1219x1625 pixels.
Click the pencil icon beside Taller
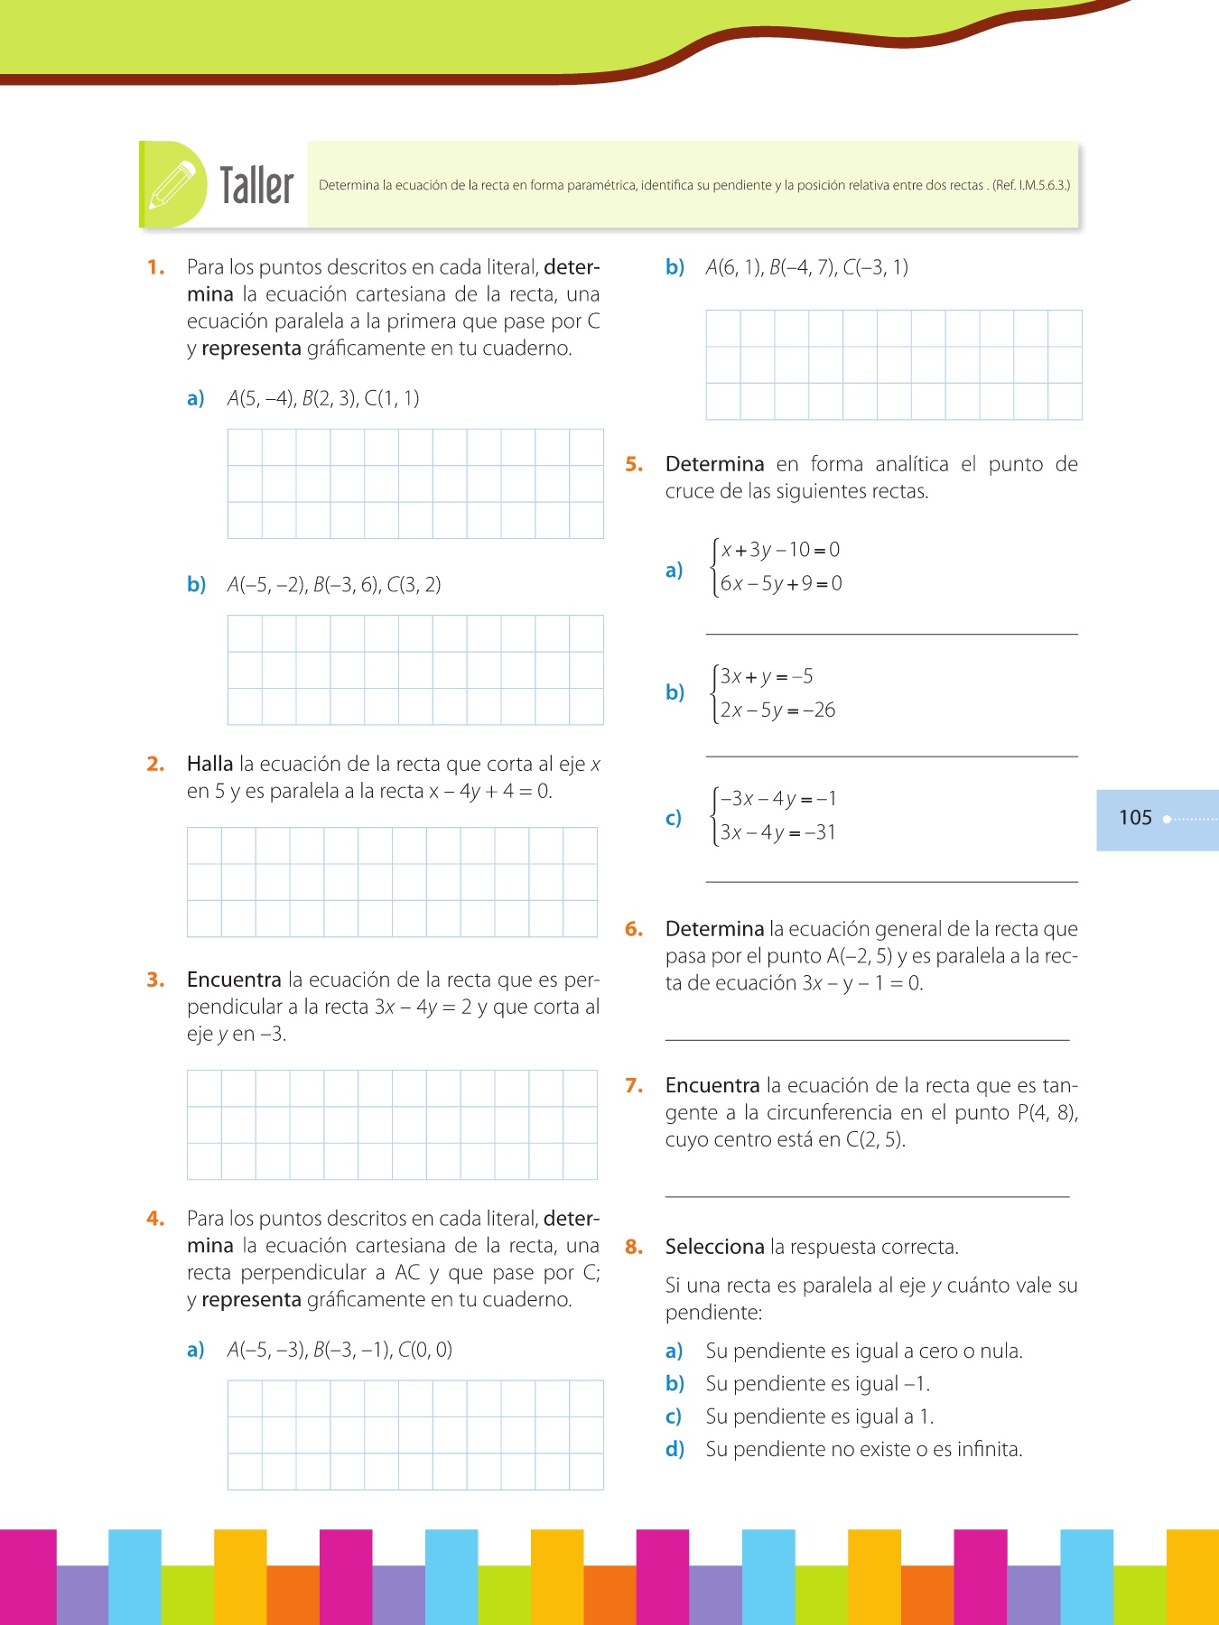[172, 184]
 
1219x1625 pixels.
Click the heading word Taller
[256, 186]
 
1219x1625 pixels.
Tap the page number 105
[1135, 818]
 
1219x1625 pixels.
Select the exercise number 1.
[155, 267]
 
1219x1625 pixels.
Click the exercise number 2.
[155, 764]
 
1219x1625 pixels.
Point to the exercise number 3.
[155, 980]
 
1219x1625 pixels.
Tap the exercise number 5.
[634, 464]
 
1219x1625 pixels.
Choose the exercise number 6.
[634, 929]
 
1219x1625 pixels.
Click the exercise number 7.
[634, 1085]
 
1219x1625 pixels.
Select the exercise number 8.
[634, 1247]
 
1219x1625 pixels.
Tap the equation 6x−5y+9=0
[781, 583]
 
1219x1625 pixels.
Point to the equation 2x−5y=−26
[777, 710]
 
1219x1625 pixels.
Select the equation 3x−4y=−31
[777, 832]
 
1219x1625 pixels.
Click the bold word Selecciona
[714, 1247]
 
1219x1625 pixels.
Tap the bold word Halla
[209, 764]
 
